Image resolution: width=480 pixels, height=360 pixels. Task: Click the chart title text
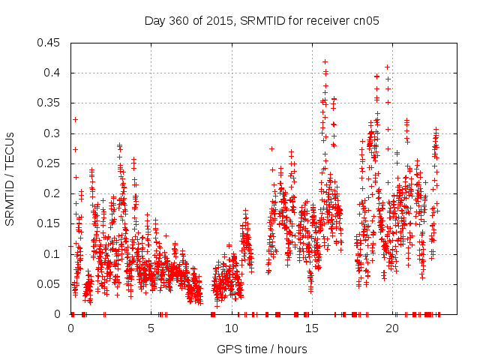(262, 20)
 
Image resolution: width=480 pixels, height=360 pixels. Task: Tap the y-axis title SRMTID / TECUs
(10, 178)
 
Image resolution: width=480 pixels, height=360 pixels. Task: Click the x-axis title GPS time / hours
(262, 349)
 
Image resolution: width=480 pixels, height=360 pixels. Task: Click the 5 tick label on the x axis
(151, 328)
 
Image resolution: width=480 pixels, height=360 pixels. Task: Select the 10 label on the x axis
(232, 328)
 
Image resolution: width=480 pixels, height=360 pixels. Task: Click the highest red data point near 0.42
(325, 61)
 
